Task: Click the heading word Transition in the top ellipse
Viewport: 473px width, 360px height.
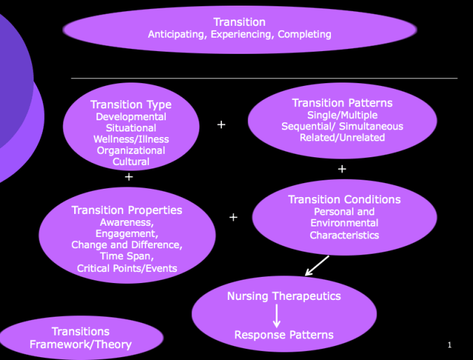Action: point(239,22)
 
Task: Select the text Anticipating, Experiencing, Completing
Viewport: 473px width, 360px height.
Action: point(239,34)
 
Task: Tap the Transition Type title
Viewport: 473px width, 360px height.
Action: point(131,105)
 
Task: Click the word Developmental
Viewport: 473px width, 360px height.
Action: point(131,117)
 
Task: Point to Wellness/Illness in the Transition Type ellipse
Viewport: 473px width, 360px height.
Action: point(131,139)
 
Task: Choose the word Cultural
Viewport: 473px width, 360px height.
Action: point(131,161)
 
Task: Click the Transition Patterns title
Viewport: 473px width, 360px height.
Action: point(342,103)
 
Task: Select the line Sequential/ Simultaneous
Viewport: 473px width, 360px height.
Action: point(342,127)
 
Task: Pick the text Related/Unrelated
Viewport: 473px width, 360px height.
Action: point(342,138)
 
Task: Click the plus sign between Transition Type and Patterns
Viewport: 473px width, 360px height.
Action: point(221,124)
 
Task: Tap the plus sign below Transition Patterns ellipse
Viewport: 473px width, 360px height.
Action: point(341,169)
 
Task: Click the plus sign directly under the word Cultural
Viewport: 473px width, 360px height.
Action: point(129,178)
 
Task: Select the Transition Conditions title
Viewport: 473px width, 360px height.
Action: point(344,199)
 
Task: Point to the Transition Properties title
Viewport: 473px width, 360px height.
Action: point(127,210)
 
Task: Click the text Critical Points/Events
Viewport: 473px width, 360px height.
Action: point(127,268)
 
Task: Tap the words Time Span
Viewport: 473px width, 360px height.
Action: point(127,257)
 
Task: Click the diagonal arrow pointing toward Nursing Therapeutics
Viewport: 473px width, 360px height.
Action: point(316,266)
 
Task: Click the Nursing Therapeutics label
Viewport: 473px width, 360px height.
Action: point(283,296)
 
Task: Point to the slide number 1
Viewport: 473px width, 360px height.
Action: point(449,345)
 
